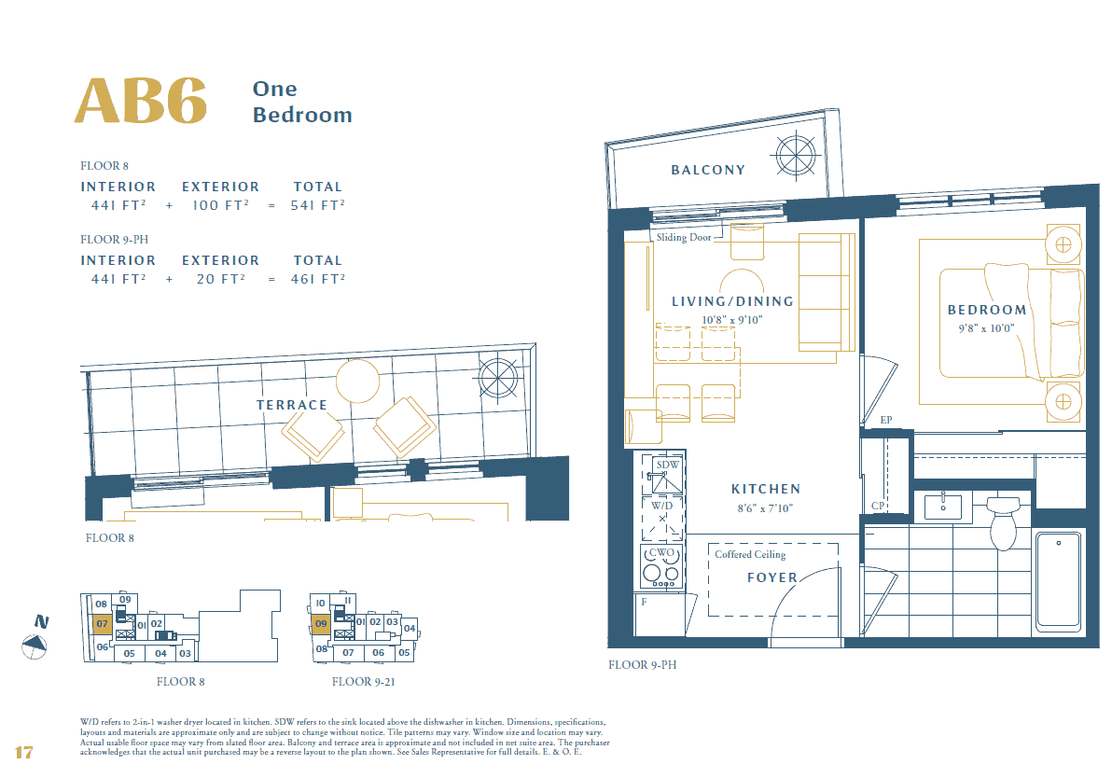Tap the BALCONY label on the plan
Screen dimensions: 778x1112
(708, 170)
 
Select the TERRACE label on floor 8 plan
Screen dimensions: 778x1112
(292, 405)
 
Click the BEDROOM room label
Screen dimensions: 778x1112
(987, 310)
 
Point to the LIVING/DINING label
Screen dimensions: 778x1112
(732, 301)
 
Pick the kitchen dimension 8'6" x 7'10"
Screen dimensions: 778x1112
(764, 508)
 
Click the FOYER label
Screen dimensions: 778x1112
(772, 577)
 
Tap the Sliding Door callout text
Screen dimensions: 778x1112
(683, 238)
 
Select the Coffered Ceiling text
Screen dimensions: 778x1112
(750, 554)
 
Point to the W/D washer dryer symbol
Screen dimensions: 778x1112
(661, 518)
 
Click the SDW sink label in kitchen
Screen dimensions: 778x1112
(667, 465)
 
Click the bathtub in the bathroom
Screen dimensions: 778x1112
(1058, 579)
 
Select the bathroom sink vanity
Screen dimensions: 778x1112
(942, 507)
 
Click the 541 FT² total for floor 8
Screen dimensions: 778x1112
(317, 205)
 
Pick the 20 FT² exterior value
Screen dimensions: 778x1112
(220, 279)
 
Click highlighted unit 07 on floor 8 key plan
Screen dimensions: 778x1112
(103, 623)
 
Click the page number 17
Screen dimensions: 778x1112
(24, 752)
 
